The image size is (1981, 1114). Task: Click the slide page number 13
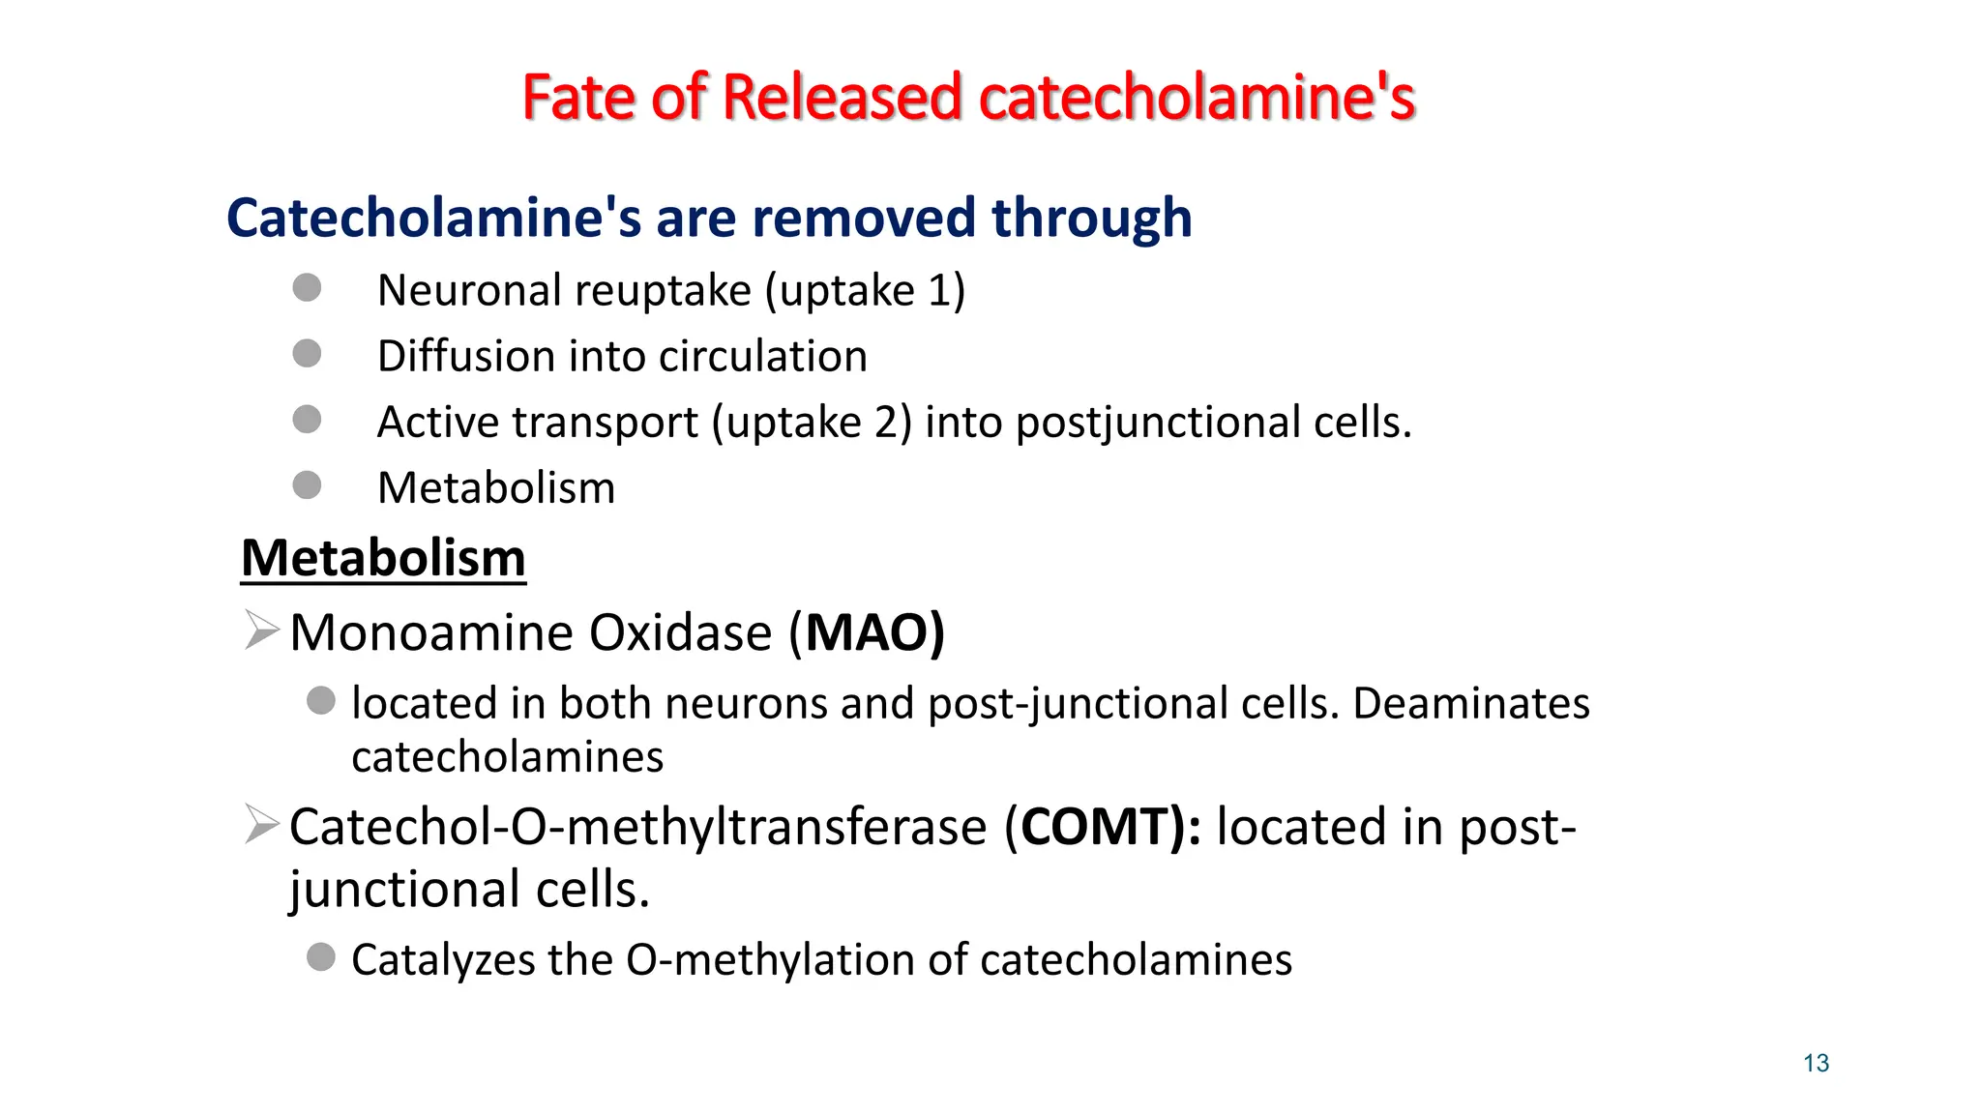point(1816,1064)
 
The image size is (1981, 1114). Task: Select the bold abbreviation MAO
point(867,633)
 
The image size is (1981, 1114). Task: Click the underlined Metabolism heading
point(383,559)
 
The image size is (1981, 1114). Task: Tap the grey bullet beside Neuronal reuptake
point(307,287)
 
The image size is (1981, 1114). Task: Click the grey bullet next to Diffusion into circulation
point(307,353)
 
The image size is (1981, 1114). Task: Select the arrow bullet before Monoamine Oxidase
point(261,630)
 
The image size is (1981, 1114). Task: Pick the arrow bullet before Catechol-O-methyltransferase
point(261,824)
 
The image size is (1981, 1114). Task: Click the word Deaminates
point(1470,703)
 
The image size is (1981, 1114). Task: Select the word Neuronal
point(467,290)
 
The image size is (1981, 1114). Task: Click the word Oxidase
point(680,633)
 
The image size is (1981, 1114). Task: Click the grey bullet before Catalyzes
point(321,957)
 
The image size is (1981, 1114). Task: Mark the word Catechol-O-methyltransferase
point(637,828)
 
